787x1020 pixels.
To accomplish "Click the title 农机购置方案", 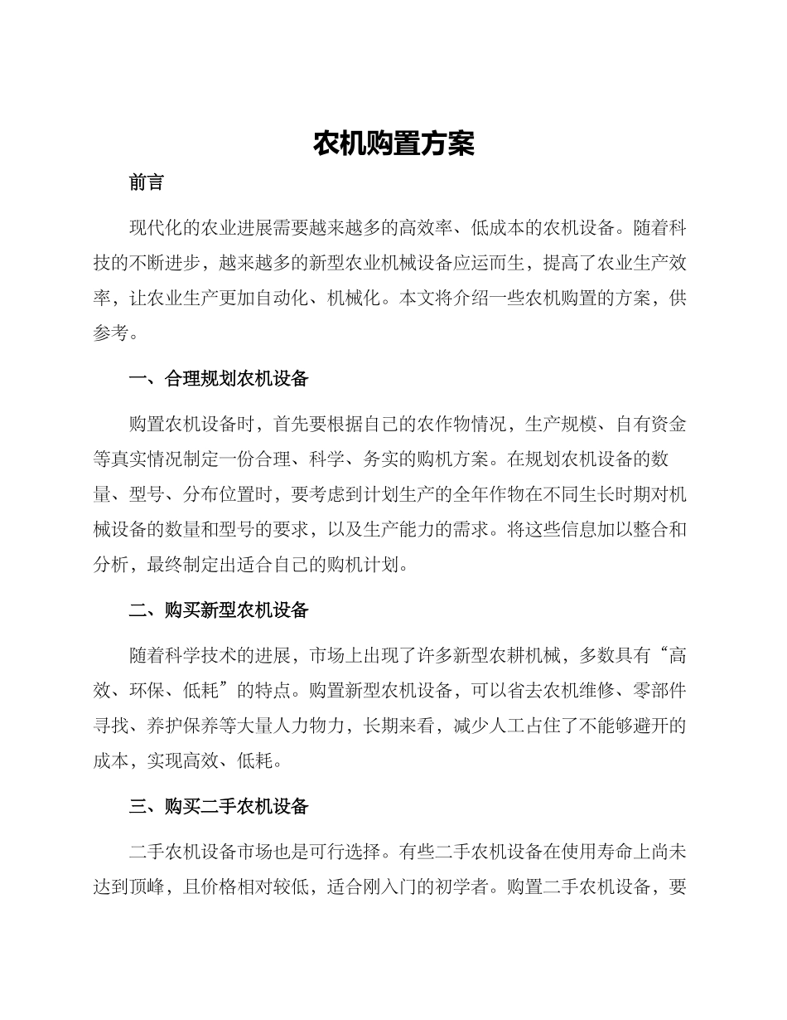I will [393, 143].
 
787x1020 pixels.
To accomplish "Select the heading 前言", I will [147, 182].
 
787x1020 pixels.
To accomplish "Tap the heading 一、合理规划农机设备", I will [219, 379].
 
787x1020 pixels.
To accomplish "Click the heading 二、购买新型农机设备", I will [219, 610].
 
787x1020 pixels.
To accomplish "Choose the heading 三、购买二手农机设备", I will [219, 806].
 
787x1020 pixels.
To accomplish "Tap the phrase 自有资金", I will [651, 425].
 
